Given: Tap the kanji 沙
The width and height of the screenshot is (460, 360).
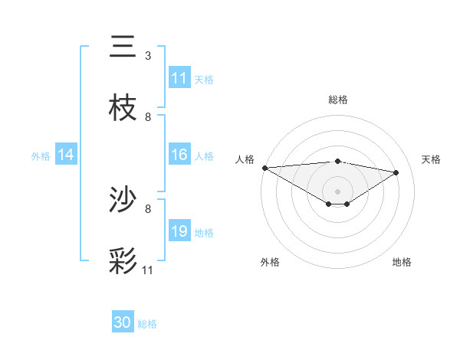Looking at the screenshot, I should [123, 200].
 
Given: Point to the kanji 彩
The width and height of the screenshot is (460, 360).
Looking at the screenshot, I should [123, 261].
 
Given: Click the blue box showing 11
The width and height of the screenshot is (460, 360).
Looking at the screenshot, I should [179, 78].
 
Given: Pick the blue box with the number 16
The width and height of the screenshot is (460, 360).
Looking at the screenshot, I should [179, 155].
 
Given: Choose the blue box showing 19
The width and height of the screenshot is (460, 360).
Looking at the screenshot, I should [179, 231].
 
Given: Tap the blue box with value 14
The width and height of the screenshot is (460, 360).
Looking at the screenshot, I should [66, 155].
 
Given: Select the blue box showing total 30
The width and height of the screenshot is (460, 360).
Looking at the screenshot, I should [123, 322].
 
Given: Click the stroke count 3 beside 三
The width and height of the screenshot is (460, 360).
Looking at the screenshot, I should [148, 56].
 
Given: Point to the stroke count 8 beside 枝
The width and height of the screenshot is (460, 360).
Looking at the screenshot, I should [148, 117].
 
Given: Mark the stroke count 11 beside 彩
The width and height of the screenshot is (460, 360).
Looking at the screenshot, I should [148, 270].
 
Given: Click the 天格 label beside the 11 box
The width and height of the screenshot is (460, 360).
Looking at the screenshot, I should [204, 79].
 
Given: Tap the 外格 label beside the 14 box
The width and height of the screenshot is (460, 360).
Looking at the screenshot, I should [41, 155].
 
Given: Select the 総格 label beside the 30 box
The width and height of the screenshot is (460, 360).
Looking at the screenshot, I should [147, 324].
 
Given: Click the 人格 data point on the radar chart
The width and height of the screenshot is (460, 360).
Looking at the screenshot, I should [264, 168].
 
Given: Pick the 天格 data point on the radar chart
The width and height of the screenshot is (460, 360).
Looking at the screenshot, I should [396, 172].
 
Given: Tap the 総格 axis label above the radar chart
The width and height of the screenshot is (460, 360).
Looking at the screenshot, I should [338, 100].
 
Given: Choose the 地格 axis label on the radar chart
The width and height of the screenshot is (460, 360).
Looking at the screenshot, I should [402, 262].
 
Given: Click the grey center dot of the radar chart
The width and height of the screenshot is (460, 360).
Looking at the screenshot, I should [338, 191].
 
